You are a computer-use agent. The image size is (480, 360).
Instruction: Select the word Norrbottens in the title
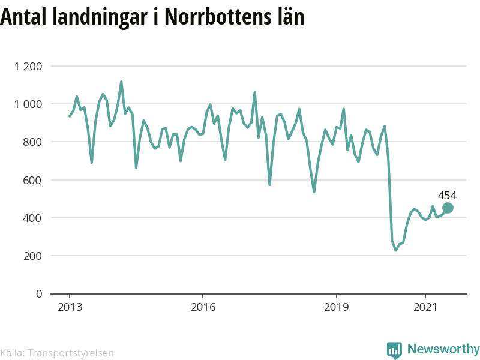point(218,17)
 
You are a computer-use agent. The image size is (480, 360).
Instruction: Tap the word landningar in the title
point(100,17)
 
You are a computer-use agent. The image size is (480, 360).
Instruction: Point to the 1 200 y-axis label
point(28,66)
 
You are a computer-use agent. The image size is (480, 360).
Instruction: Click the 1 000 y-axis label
point(28,104)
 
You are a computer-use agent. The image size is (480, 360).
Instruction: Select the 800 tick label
point(32,142)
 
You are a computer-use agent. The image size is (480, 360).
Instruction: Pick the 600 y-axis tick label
point(32,180)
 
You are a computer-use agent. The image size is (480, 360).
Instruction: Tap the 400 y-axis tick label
point(32,218)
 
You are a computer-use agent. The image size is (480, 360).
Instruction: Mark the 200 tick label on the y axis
point(32,256)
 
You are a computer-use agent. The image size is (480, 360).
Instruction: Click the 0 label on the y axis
point(39,294)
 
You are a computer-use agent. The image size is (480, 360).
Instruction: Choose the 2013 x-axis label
point(70,307)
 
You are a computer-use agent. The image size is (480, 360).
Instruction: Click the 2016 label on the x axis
point(203,307)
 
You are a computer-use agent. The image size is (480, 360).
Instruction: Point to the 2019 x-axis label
point(336,307)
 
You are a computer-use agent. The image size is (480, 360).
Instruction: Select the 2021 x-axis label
point(425,307)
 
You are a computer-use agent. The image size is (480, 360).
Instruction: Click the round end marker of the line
point(448,208)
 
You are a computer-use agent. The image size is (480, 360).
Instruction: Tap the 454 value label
point(447,196)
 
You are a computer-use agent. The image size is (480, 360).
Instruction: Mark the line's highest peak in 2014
point(121,82)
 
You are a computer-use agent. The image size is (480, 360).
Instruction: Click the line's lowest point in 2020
point(396,250)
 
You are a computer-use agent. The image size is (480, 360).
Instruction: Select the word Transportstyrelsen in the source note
point(71,353)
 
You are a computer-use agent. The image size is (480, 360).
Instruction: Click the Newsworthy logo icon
point(394,350)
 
